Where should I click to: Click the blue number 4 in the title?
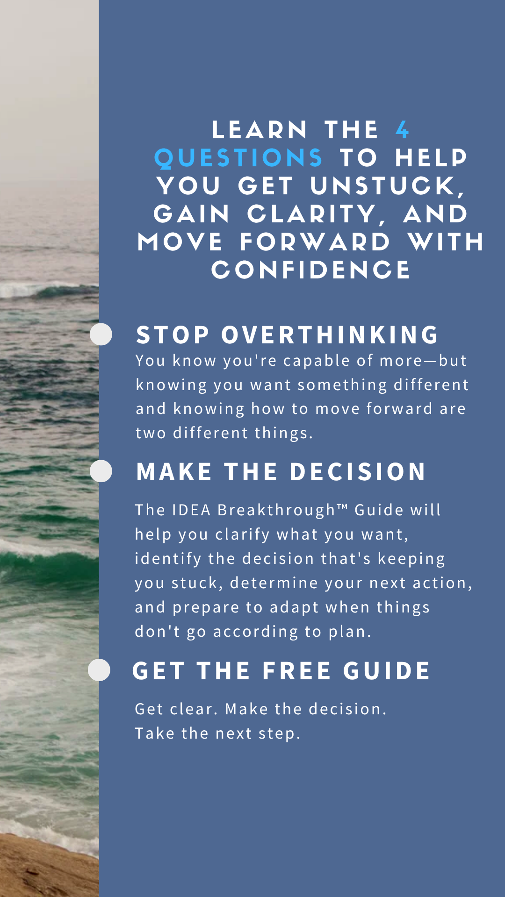pyautogui.click(x=402, y=130)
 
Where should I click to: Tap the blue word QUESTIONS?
pyautogui.click(x=238, y=158)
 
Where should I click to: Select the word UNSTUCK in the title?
pyautogui.click(x=388, y=186)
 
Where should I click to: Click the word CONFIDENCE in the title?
pyautogui.click(x=311, y=270)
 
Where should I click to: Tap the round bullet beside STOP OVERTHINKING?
pyautogui.click(x=101, y=335)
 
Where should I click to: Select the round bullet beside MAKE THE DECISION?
pyautogui.click(x=101, y=471)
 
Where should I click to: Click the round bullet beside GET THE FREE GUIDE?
pyautogui.click(x=99, y=670)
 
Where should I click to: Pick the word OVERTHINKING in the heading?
pyautogui.click(x=330, y=335)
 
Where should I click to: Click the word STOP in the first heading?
pyautogui.click(x=173, y=335)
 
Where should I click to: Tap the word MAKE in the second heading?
pyautogui.click(x=174, y=472)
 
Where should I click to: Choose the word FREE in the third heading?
pyautogui.click(x=297, y=671)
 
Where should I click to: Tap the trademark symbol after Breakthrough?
pyautogui.click(x=342, y=506)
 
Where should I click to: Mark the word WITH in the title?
pyautogui.click(x=446, y=242)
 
